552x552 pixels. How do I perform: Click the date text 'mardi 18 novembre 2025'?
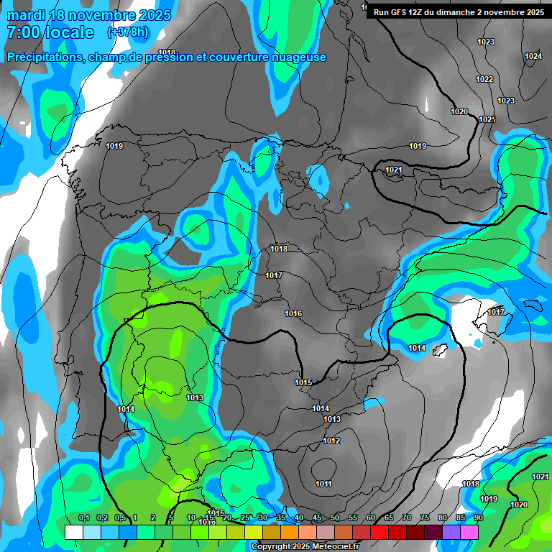89,15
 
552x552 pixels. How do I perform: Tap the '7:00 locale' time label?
50,32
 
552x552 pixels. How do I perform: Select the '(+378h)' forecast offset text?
128,32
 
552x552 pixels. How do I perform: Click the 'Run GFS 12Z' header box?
458,11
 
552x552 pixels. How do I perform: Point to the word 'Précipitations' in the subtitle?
42,57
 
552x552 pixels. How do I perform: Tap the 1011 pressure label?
323,484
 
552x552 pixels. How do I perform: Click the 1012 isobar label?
331,441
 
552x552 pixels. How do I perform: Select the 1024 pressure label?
533,56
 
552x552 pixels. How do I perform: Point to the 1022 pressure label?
484,79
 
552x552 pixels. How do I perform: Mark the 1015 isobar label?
303,382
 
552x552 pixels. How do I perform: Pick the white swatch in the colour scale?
73,533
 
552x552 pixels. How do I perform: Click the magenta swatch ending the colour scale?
469,533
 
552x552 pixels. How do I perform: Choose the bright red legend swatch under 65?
379,533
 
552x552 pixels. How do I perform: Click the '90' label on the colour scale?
478,518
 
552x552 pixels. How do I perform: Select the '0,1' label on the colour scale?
83,518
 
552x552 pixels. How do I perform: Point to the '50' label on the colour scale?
335,518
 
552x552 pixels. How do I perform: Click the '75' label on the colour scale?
425,518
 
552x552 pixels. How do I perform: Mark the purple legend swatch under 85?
451,533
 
